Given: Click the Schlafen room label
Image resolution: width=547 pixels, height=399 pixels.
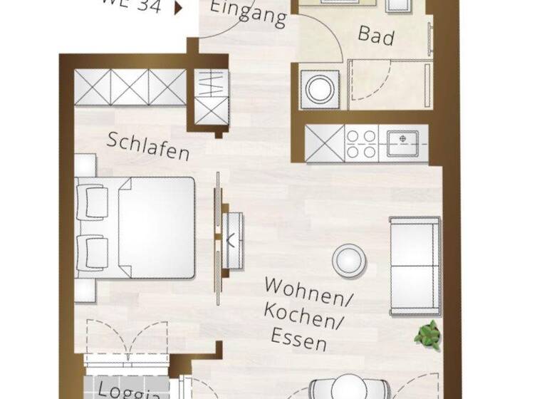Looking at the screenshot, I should click(149, 145).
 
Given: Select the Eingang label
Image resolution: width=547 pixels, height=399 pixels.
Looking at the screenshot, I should click(249, 14).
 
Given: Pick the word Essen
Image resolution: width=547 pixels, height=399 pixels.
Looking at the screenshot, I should click(298, 338).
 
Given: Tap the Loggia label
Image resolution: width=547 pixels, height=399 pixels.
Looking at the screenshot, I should click(120, 391).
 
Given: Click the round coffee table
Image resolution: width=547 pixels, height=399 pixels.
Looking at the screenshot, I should click(350, 259).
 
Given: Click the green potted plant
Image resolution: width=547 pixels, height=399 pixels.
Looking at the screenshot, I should click(429, 332).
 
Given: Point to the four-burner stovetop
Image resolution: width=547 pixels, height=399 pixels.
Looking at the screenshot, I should click(361, 142).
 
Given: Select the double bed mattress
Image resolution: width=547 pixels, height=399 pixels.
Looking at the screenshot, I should click(155, 227).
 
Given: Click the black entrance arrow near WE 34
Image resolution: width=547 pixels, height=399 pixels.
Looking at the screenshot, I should click(178, 8).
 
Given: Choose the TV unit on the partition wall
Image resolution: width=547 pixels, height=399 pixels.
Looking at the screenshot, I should click(232, 240).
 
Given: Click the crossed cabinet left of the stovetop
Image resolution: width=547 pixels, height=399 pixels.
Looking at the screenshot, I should click(325, 142).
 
